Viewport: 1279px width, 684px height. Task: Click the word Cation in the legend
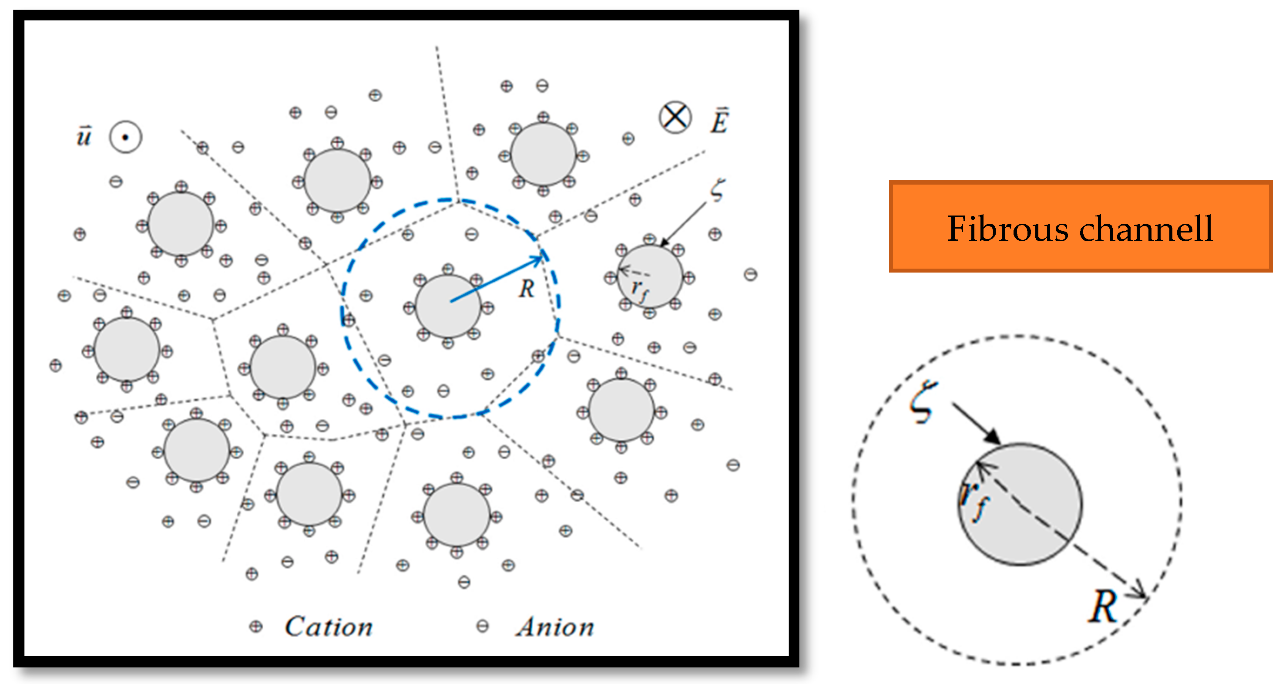pos(328,627)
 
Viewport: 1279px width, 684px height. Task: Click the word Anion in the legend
pos(555,627)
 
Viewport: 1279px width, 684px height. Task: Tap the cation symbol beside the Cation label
pos(256,627)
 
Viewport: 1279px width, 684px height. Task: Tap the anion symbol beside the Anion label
pos(482,626)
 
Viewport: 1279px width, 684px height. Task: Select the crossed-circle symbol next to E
pos(675,118)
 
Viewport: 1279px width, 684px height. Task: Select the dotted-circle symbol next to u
pos(126,137)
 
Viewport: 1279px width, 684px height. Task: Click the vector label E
pos(719,121)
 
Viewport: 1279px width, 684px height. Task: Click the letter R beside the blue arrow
pos(527,289)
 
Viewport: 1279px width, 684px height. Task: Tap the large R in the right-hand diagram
pos(1102,607)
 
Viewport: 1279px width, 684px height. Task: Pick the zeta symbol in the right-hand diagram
pos(923,401)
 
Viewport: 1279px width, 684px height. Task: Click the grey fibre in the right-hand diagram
pos(1038,517)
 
